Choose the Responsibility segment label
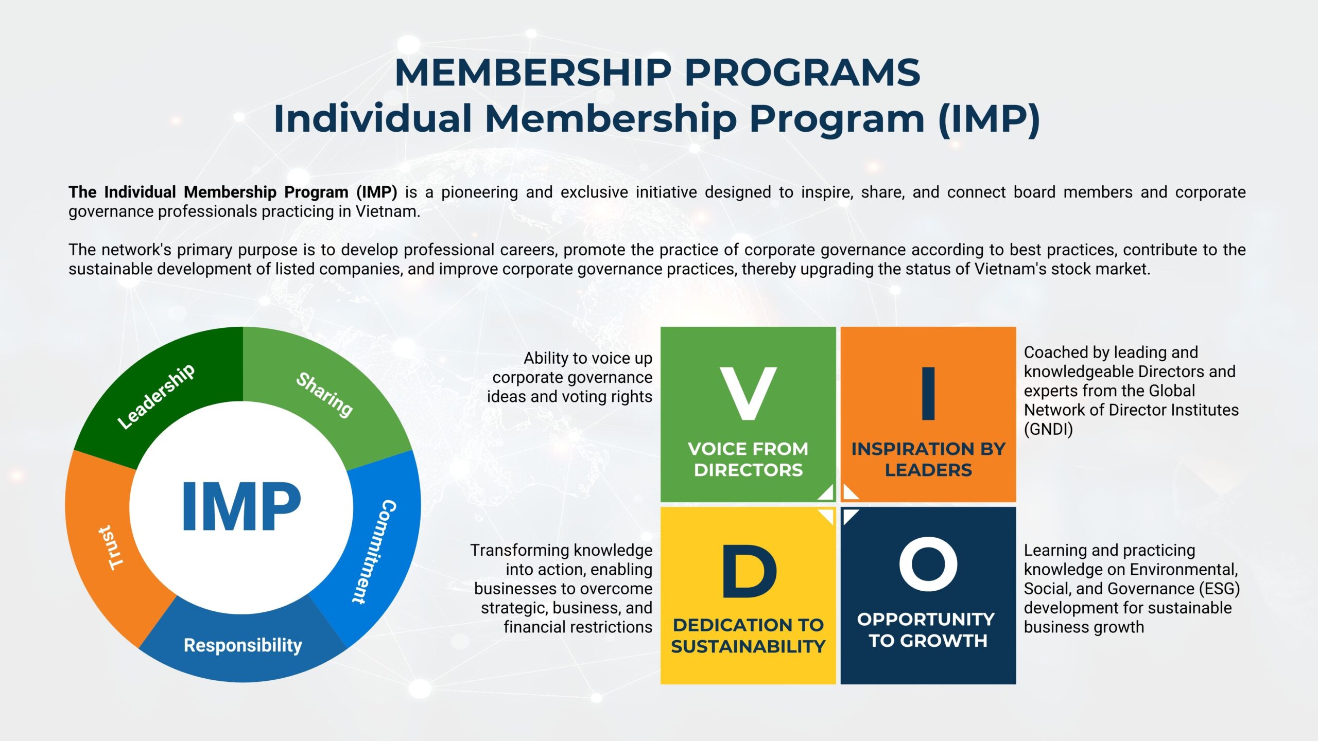(x=243, y=645)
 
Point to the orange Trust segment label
(x=112, y=548)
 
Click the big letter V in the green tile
(x=748, y=394)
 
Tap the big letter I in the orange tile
(x=928, y=394)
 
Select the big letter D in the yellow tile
(x=749, y=571)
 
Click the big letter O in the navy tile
(x=928, y=564)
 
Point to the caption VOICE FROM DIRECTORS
(x=748, y=460)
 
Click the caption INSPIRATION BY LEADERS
(x=928, y=460)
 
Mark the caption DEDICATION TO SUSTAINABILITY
(x=748, y=636)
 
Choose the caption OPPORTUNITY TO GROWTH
(x=926, y=630)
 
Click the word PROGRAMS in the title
(x=802, y=73)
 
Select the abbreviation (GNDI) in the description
(x=1048, y=429)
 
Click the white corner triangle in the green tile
(x=827, y=493)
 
